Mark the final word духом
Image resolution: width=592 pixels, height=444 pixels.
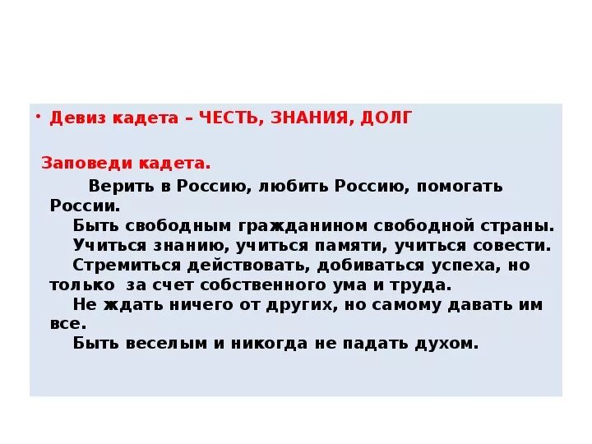coord(447,344)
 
